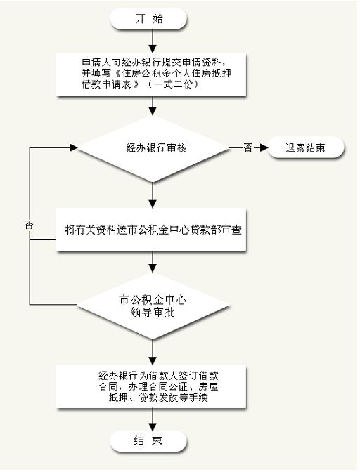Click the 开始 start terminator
click(x=148, y=19)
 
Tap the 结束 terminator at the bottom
click(x=148, y=441)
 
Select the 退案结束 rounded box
click(x=305, y=147)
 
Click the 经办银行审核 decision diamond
click(x=153, y=148)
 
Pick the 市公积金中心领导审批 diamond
click(x=153, y=306)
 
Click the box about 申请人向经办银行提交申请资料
click(x=151, y=74)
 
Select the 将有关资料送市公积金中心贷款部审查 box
click(x=151, y=230)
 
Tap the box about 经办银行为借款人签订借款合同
click(x=151, y=386)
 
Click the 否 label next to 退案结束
click(x=247, y=147)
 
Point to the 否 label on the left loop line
click(x=29, y=225)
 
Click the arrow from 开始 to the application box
click(x=153, y=41)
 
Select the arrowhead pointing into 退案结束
click(x=264, y=147)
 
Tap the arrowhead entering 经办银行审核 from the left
click(x=74, y=147)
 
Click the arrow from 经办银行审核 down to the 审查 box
click(x=153, y=195)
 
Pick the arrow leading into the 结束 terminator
click(x=153, y=419)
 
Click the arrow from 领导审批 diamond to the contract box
click(x=153, y=352)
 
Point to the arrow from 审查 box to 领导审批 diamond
click(x=153, y=262)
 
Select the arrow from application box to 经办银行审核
click(x=153, y=106)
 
